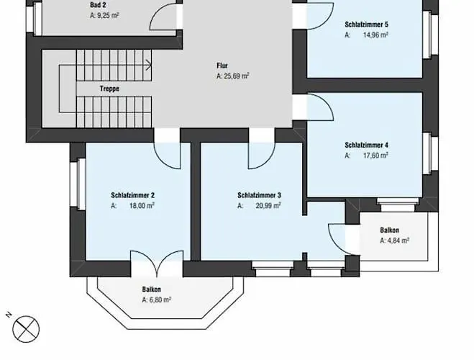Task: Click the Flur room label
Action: pyautogui.click(x=222, y=66)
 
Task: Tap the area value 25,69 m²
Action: pyautogui.click(x=237, y=76)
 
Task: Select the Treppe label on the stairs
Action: pyautogui.click(x=109, y=89)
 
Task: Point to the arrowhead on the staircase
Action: pyautogui.click(x=149, y=65)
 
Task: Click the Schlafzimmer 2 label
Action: pyautogui.click(x=133, y=195)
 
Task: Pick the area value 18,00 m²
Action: pyautogui.click(x=142, y=206)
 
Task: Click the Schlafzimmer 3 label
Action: pyautogui.click(x=260, y=195)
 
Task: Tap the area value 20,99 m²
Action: pyautogui.click(x=268, y=206)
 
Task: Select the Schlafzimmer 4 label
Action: pyautogui.click(x=366, y=145)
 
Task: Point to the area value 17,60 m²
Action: pyautogui.click(x=375, y=156)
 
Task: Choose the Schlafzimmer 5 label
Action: pyautogui.click(x=366, y=24)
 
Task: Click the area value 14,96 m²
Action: pyautogui.click(x=375, y=35)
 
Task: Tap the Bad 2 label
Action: pyautogui.click(x=98, y=5)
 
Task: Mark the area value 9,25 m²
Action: pyautogui.click(x=108, y=15)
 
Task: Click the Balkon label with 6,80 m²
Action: pyautogui.click(x=152, y=289)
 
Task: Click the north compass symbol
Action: pyautogui.click(x=26, y=329)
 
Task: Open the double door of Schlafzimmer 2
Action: pyautogui.click(x=157, y=264)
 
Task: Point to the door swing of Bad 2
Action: pyautogui.click(x=163, y=17)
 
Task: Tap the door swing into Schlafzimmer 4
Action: pyautogui.click(x=321, y=107)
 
